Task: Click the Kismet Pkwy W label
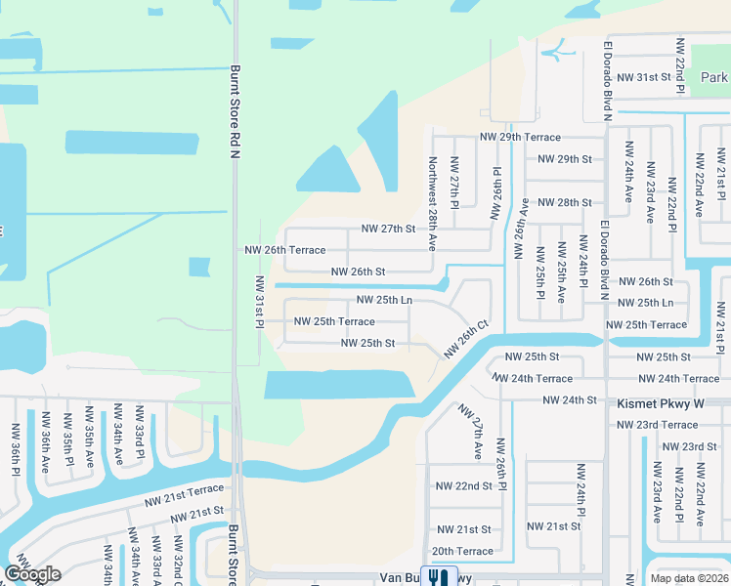coord(660,401)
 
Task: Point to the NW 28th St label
coord(566,202)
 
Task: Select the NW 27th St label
coord(388,229)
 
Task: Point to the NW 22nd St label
coord(463,485)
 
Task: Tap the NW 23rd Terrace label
coord(658,425)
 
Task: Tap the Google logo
coord(32,574)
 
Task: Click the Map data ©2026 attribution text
coord(689,578)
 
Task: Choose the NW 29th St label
coord(565,158)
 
